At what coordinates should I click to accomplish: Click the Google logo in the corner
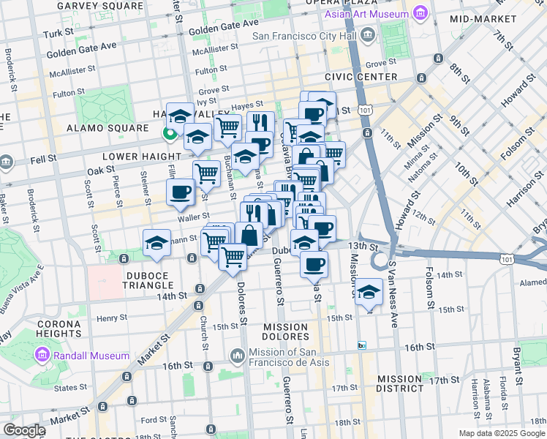25,430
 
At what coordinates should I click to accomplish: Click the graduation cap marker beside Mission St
369,291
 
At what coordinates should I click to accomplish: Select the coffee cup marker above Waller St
180,192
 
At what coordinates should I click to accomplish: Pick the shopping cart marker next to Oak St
206,174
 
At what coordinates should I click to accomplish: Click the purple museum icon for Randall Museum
41,356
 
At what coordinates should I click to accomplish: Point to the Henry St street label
112,318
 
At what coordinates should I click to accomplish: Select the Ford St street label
154,420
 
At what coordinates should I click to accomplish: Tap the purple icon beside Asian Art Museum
420,14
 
